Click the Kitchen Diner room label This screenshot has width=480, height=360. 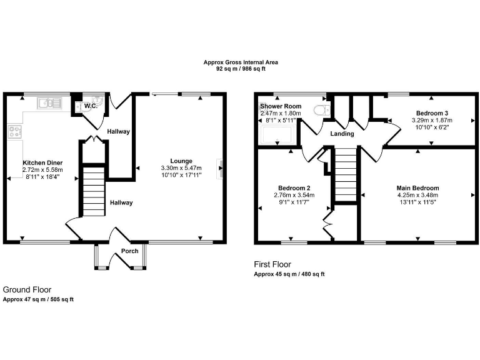point(36,162)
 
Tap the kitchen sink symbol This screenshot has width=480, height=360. point(49,103)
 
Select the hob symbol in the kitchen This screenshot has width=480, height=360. point(14,132)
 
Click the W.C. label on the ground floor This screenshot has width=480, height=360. point(90,106)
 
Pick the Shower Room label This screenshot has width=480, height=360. point(281,106)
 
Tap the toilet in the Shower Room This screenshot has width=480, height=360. point(321,111)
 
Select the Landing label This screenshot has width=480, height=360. point(342,134)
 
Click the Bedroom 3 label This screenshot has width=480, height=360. point(431,112)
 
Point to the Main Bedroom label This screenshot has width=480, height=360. point(417,187)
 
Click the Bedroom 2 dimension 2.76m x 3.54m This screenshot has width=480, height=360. point(294,195)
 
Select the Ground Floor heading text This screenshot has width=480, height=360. point(27,289)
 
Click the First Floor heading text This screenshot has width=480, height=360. point(272,264)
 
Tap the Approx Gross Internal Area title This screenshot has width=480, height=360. point(241,62)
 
